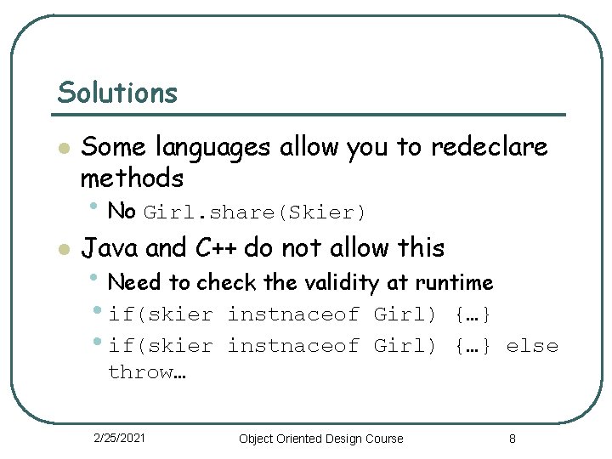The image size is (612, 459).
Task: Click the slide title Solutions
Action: [117, 93]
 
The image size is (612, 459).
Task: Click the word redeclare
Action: [489, 147]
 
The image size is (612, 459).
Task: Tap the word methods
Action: [132, 178]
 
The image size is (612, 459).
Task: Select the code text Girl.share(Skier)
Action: [255, 212]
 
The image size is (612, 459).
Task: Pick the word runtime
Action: [454, 281]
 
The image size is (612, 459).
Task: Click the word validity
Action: [343, 281]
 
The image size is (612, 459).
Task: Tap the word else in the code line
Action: [532, 346]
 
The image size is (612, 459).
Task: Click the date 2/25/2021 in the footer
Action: [119, 438]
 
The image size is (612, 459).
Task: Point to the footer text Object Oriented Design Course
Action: [321, 439]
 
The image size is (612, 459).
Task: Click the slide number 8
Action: [513, 439]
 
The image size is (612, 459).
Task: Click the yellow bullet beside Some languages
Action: [61, 149]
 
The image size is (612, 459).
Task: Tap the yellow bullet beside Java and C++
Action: [61, 249]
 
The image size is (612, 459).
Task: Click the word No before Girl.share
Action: [122, 210]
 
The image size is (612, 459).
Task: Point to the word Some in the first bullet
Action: [114, 147]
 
